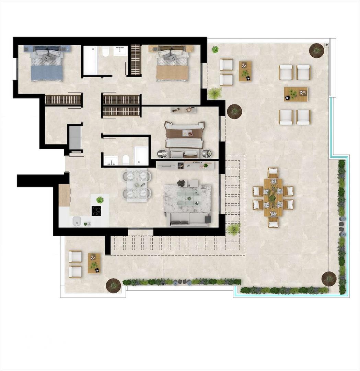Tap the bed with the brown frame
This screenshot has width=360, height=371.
point(184,136)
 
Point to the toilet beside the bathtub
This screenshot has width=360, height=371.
point(106,52)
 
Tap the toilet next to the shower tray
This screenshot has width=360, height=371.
point(126,160)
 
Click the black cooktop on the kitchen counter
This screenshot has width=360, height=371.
point(96,211)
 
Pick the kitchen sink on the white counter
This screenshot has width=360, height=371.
point(76,222)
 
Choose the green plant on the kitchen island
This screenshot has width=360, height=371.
point(100,200)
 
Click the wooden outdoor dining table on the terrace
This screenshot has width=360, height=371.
point(273,198)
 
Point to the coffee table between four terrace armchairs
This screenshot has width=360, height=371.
point(295,94)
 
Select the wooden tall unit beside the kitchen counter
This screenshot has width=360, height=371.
point(64,195)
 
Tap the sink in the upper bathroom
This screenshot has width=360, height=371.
point(120,51)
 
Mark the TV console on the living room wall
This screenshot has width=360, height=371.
point(185,166)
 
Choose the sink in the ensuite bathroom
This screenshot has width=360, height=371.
point(111,161)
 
